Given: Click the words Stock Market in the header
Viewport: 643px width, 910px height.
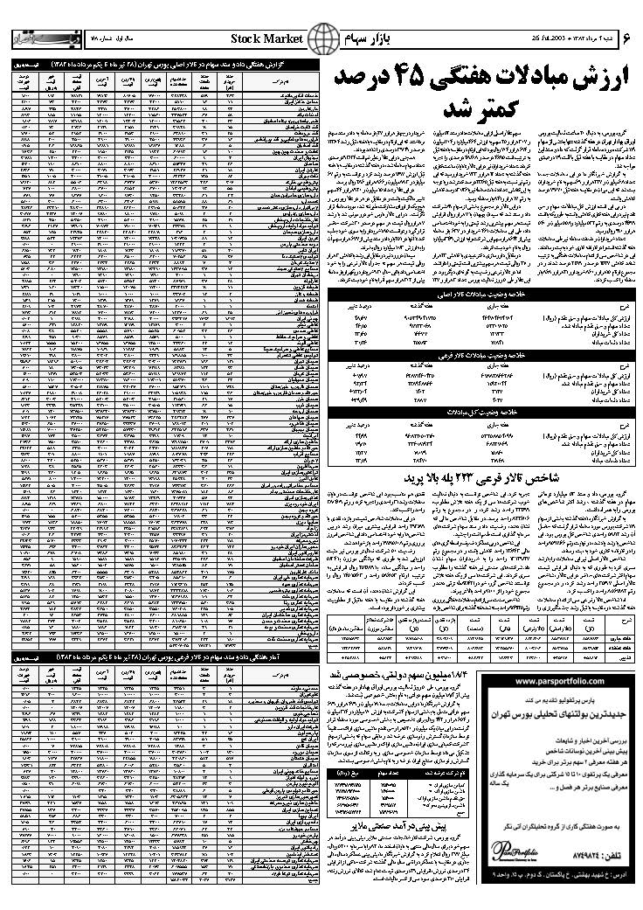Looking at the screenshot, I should [x=266, y=40].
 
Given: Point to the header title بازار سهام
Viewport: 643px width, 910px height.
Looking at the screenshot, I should [x=381, y=40].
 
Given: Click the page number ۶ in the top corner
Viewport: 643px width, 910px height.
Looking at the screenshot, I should [x=623, y=40].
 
